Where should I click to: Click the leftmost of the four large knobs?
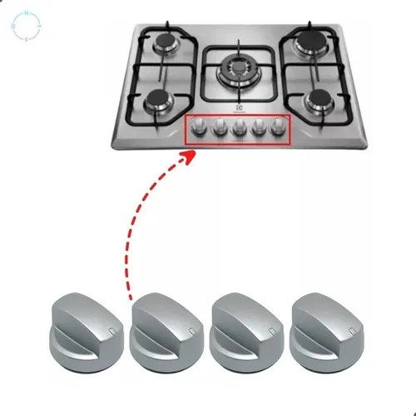86,327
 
